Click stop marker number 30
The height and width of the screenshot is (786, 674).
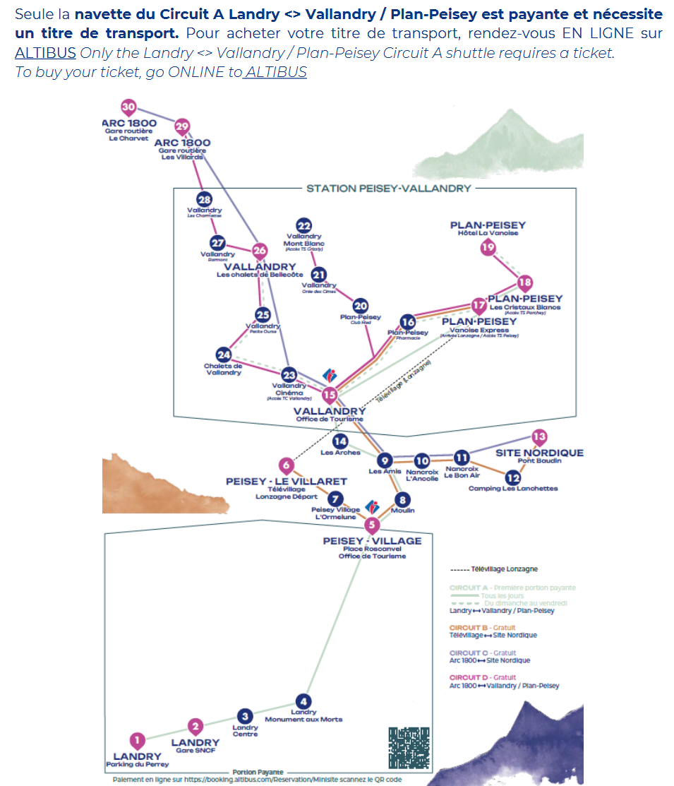pyautogui.click(x=128, y=107)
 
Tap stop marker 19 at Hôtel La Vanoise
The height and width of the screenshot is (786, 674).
pyautogui.click(x=488, y=247)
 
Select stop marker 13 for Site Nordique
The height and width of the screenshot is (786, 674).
pyautogui.click(x=539, y=436)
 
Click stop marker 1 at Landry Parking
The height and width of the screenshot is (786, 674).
pyautogui.click(x=138, y=740)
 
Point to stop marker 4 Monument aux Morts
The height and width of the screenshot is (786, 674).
pyautogui.click(x=303, y=701)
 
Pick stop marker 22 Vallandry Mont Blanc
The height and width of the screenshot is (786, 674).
pyautogui.click(x=303, y=225)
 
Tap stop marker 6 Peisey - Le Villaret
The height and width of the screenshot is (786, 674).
pyautogui.click(x=287, y=465)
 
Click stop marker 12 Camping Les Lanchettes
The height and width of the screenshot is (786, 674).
pyautogui.click(x=513, y=478)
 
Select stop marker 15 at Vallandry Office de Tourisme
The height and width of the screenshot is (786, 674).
pyautogui.click(x=330, y=395)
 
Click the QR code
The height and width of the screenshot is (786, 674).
pyautogui.click(x=409, y=748)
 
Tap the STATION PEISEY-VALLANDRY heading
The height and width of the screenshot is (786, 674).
pyautogui.click(x=388, y=189)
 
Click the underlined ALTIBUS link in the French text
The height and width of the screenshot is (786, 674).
pyautogui.click(x=45, y=52)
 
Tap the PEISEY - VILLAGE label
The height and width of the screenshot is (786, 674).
pyautogui.click(x=372, y=541)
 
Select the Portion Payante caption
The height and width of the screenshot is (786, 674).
pyautogui.click(x=258, y=773)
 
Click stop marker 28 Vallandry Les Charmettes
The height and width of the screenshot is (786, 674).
pyautogui.click(x=204, y=200)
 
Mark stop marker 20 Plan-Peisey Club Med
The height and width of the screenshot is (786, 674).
pyautogui.click(x=361, y=306)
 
